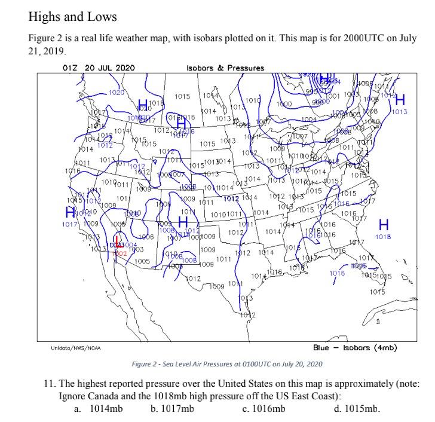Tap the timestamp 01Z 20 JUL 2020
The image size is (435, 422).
(99, 68)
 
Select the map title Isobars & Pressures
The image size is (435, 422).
(225, 68)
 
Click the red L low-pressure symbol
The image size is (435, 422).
(118, 243)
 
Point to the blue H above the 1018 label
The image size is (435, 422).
(384, 225)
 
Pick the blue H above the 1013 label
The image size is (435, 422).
(400, 100)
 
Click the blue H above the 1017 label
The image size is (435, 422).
(71, 212)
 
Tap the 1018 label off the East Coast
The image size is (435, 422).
(384, 237)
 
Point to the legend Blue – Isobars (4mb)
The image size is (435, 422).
(355, 347)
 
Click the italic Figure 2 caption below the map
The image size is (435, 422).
(226, 363)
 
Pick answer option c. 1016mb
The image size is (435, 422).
(264, 409)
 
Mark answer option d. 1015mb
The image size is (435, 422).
(357, 409)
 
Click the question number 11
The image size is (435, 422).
(49, 383)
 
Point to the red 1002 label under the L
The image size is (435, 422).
(120, 253)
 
